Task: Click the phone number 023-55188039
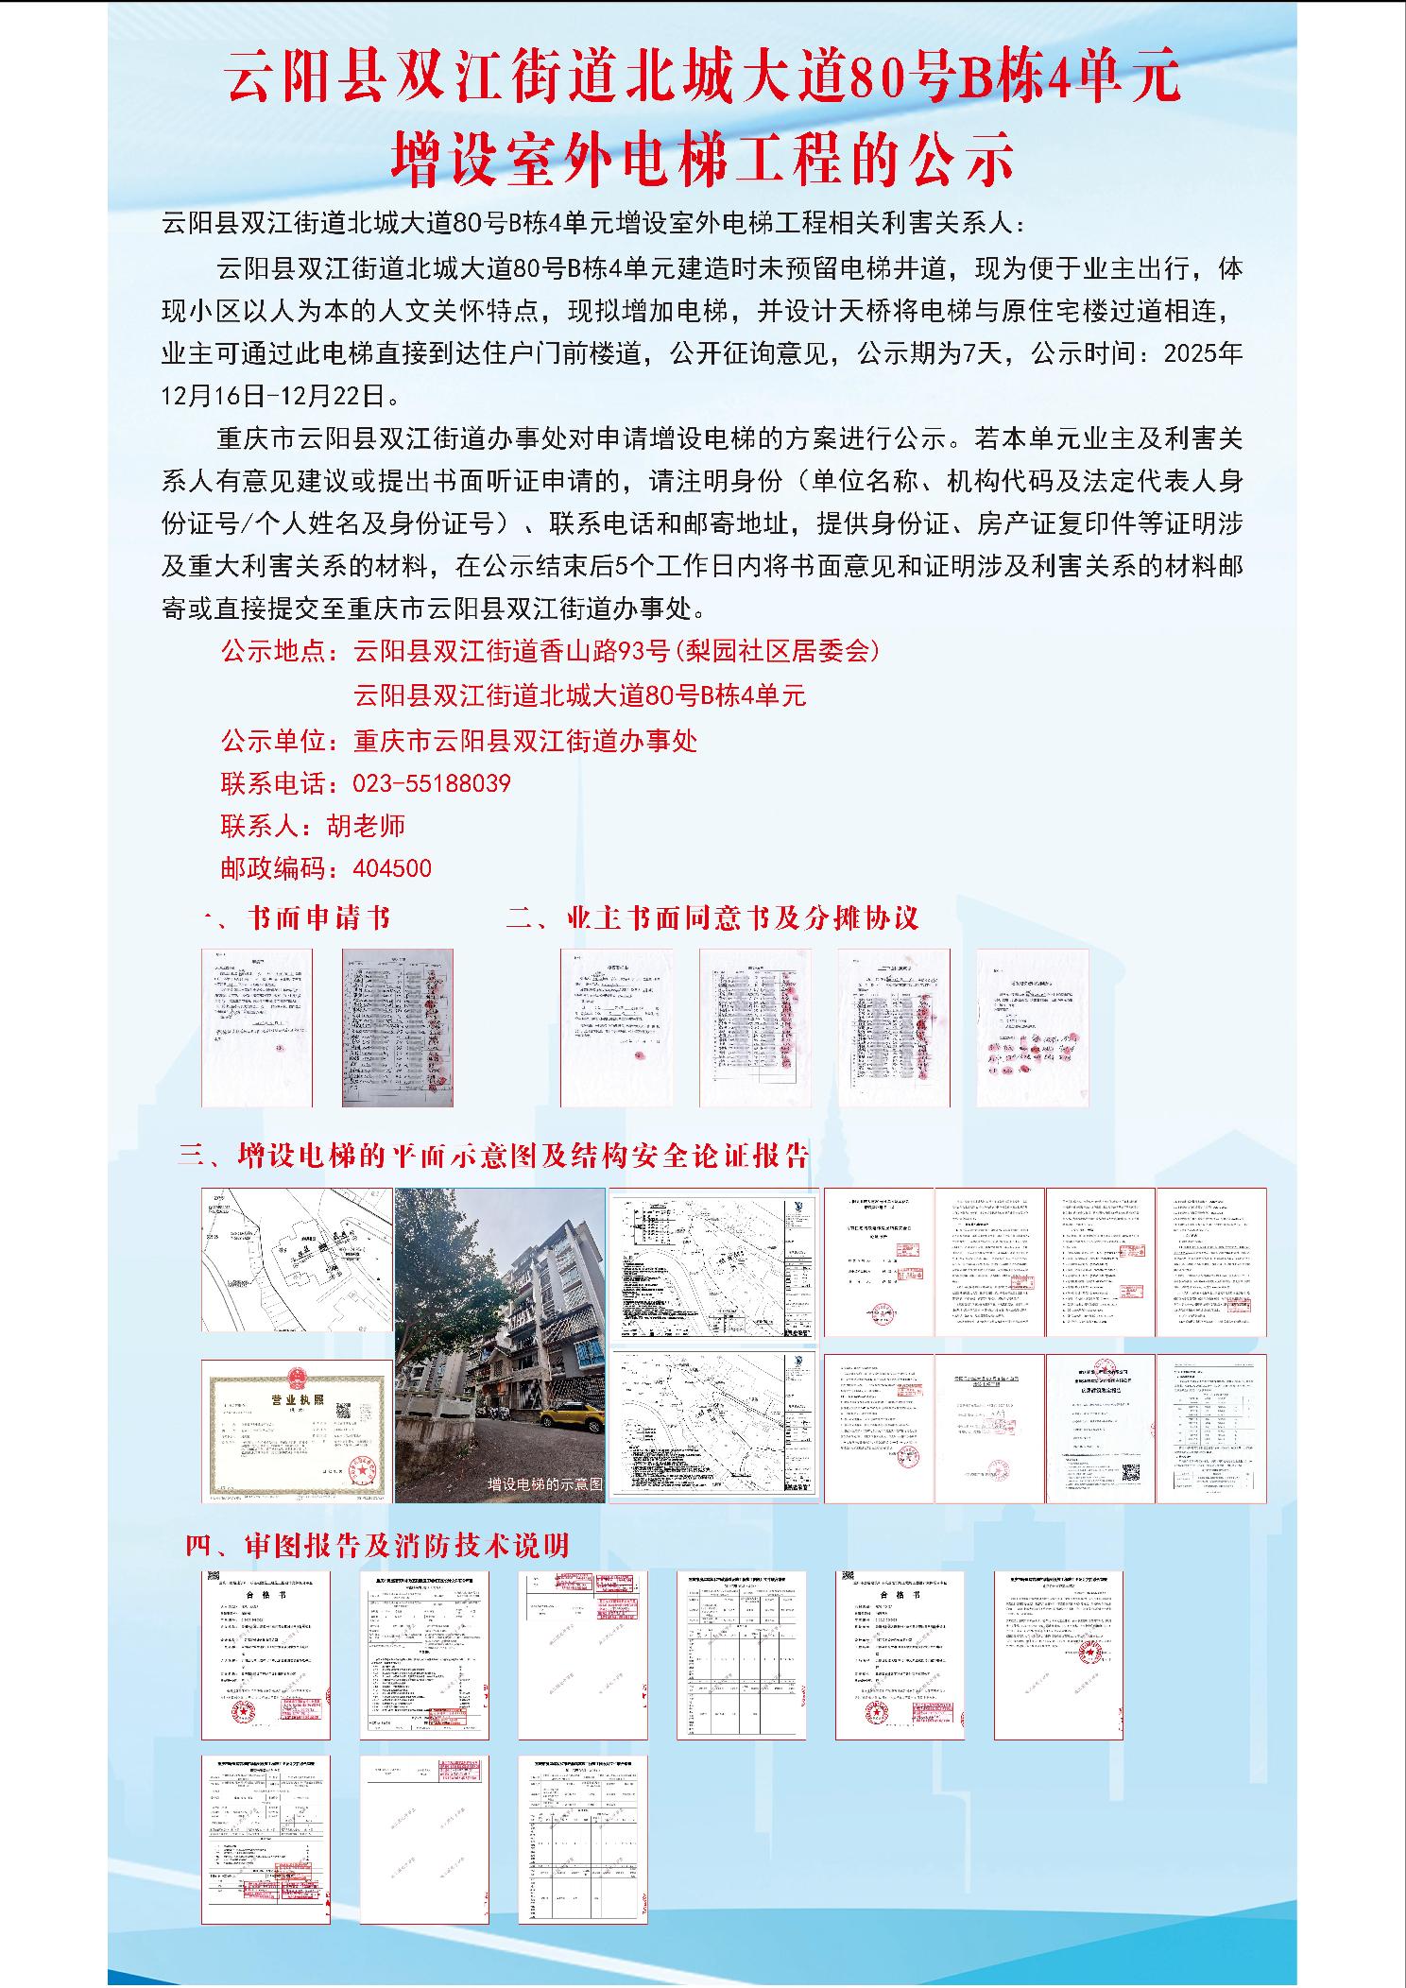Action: (x=432, y=783)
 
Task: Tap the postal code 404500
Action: (x=392, y=868)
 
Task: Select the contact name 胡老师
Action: (x=367, y=826)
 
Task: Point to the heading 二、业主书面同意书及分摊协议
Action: (x=712, y=918)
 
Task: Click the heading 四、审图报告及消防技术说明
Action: (x=378, y=1546)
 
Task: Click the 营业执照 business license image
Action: (x=297, y=1431)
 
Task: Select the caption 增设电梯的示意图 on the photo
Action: (x=544, y=1484)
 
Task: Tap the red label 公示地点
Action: (x=274, y=651)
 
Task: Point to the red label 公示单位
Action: (x=274, y=741)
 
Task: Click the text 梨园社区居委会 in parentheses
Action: (x=777, y=651)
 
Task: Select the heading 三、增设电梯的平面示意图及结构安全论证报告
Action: (x=495, y=1155)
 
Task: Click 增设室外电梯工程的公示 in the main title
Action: (x=703, y=159)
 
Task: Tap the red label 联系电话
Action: (x=274, y=783)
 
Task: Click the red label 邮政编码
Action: (x=274, y=868)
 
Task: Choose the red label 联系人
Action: (x=261, y=826)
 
